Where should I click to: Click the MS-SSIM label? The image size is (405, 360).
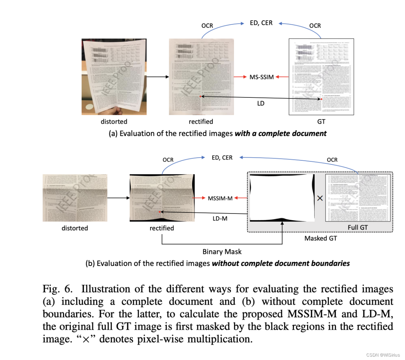click(x=261, y=77)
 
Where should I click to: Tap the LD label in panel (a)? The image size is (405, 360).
click(x=261, y=103)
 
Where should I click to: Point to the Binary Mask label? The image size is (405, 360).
click(x=222, y=252)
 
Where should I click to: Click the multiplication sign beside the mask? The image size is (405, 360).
click(x=320, y=198)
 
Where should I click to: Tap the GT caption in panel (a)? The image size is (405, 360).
click(x=321, y=121)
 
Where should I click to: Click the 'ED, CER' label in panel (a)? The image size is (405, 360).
click(x=261, y=23)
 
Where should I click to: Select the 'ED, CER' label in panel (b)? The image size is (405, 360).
click(x=222, y=158)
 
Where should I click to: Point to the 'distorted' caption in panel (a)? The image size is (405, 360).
click(x=114, y=121)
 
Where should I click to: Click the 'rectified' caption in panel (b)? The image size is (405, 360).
click(x=162, y=228)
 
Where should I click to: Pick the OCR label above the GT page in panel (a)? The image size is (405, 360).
click(x=315, y=25)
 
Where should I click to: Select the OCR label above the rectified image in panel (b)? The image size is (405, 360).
click(x=168, y=160)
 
